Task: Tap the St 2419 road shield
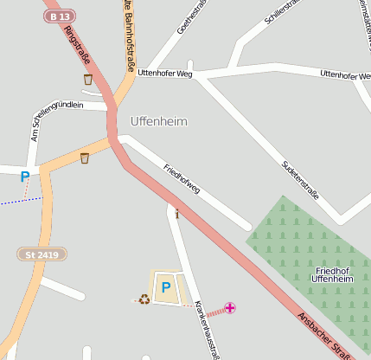tap(42, 254)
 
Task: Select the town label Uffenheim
tap(158, 122)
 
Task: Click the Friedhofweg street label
tap(182, 177)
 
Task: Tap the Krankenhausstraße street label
tap(207, 329)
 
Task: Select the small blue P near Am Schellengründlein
tap(25, 177)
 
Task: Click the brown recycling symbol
tap(144, 299)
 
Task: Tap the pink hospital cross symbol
tap(230, 308)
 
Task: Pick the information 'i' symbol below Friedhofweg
tap(177, 214)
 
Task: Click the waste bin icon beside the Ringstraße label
tap(87, 80)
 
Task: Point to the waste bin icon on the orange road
tap(84, 158)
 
